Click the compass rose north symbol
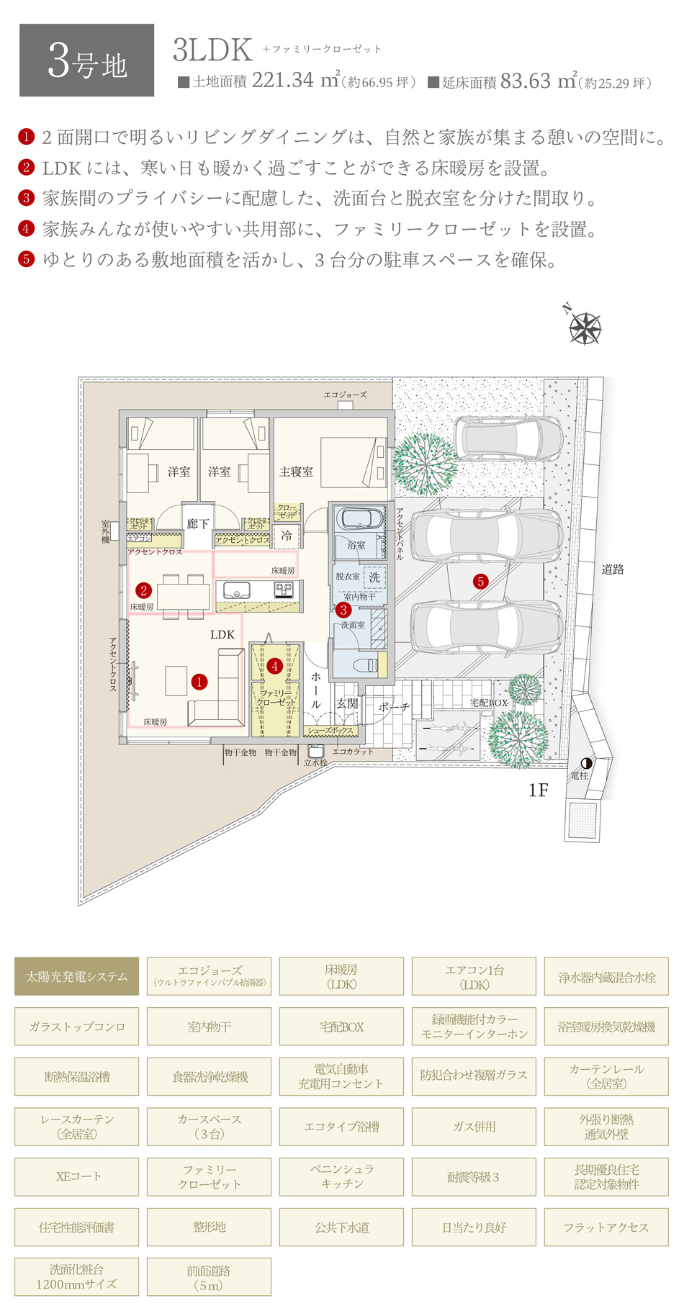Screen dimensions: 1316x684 point(585,328)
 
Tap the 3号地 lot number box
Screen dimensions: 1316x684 point(86,60)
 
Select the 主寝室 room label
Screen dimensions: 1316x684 point(296,472)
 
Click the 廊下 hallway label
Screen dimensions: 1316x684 point(197,524)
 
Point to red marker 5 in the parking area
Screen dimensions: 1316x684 point(480,582)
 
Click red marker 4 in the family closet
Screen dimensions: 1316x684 point(274,667)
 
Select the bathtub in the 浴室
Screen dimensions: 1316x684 point(356,520)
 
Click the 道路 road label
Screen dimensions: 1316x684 point(613,569)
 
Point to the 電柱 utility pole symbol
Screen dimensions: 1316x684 point(587,764)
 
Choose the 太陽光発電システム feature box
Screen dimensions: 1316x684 point(76,977)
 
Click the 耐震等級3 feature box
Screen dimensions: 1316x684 point(474,1177)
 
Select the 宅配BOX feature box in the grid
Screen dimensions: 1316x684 point(341,1027)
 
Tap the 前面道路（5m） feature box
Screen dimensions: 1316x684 point(209,1277)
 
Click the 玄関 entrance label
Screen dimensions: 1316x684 point(347,703)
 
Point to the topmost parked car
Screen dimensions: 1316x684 point(508,437)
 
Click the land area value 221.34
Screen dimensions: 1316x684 point(283,81)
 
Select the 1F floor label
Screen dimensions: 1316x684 point(538,790)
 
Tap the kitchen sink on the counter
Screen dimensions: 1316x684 point(236,590)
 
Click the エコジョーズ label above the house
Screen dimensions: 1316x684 point(345,395)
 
